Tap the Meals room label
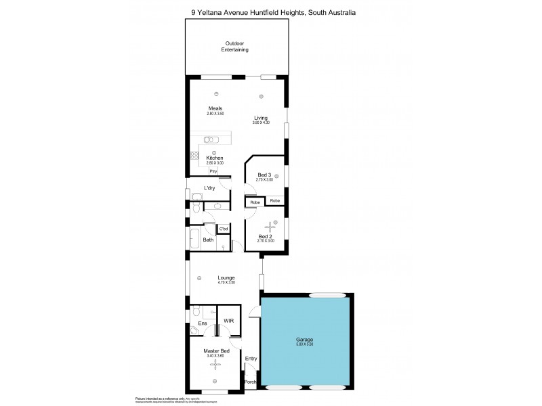215,108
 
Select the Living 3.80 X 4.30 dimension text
261,122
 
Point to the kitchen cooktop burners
194,157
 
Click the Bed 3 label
265,175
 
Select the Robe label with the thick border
255,202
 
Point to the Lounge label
226,277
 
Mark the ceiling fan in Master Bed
216,365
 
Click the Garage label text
304,340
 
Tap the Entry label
251,359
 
